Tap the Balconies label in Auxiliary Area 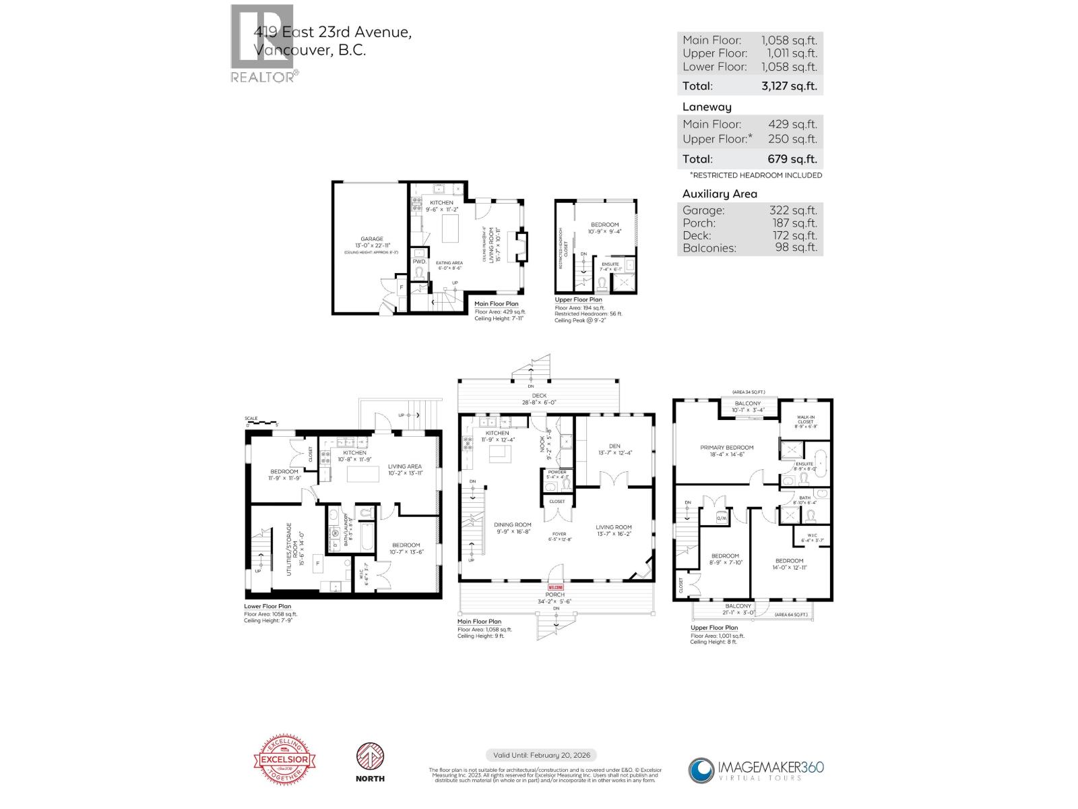tap(709, 247)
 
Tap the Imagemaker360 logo tap(756, 769)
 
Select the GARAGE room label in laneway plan tap(371, 239)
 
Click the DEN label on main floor tap(614, 446)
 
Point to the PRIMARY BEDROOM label tap(726, 448)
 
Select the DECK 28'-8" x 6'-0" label tap(539, 399)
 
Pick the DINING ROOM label tap(512, 525)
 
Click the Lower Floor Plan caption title tap(267, 606)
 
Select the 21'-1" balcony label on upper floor tap(738, 609)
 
